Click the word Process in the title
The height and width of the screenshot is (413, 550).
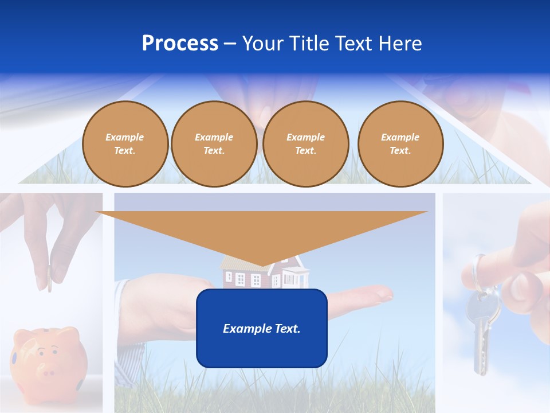[x=180, y=44]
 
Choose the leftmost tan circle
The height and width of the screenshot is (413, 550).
[x=125, y=144]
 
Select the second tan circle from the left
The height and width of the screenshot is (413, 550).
[x=214, y=144]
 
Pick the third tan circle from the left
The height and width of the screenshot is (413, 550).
[x=305, y=144]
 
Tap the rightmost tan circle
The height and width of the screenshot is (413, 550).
[x=400, y=144]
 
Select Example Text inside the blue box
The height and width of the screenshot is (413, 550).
[x=261, y=329]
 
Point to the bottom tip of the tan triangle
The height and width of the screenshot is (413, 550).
[x=262, y=266]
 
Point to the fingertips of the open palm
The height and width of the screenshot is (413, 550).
[x=384, y=294]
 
